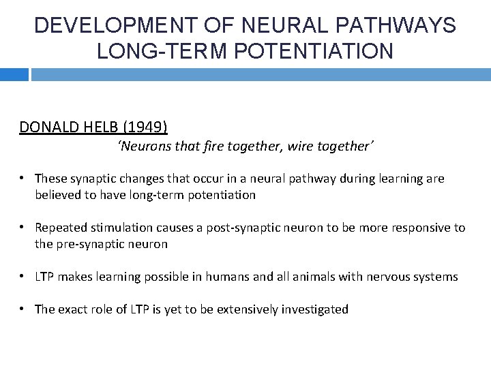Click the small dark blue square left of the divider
pyautogui.click(x=14, y=74)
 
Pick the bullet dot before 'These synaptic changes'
pyautogui.click(x=23, y=179)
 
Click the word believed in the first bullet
pyautogui.click(x=59, y=195)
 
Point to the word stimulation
pyautogui.click(x=120, y=228)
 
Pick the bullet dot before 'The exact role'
pyautogui.click(x=23, y=309)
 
